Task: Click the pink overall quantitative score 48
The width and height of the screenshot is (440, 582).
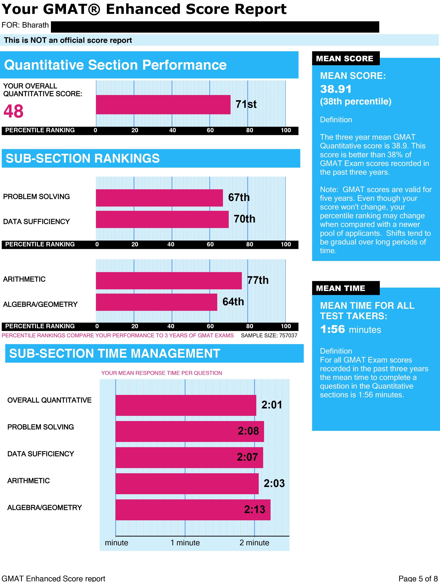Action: (x=13, y=111)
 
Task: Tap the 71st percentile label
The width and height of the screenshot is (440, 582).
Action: (x=246, y=104)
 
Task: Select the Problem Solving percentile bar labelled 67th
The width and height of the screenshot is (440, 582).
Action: (x=159, y=198)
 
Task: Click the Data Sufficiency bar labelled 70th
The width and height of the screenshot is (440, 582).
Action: (x=162, y=219)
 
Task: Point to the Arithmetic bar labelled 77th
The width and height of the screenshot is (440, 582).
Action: (x=169, y=280)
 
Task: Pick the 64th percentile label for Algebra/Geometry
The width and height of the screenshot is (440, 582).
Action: (x=233, y=302)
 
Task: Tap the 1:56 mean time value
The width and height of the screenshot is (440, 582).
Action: (x=332, y=329)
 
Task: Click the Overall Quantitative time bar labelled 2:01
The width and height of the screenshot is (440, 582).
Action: (x=186, y=405)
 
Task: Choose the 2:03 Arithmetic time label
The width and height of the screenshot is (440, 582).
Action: (x=274, y=483)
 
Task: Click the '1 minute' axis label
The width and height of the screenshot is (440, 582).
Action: (x=185, y=543)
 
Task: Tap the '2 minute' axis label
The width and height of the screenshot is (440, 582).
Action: (x=254, y=543)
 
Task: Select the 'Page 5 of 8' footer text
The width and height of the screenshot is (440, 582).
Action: (x=418, y=578)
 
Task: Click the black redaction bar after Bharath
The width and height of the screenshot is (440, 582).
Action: (x=215, y=27)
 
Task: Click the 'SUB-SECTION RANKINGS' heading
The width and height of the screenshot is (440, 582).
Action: (x=83, y=158)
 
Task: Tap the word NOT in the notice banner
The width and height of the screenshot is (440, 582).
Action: (x=38, y=40)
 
